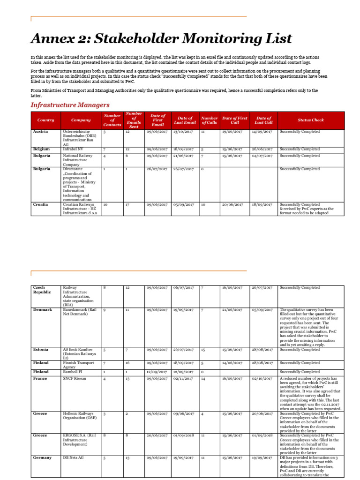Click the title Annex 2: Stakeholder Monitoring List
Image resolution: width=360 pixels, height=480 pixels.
(161, 38)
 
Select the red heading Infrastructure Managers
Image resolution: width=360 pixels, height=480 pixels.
(70, 105)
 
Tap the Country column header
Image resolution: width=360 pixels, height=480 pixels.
(45, 120)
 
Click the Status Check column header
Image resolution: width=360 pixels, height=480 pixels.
(310, 120)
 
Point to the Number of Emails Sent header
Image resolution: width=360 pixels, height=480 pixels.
(134, 120)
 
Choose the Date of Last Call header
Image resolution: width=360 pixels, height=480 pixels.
(264, 120)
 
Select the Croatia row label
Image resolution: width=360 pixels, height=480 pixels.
(40, 205)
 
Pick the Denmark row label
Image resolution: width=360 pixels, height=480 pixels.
(42, 310)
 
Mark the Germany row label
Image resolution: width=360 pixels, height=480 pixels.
(42, 457)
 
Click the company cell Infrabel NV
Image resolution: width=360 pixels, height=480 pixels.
(73, 149)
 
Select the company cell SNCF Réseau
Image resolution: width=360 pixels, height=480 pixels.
(75, 378)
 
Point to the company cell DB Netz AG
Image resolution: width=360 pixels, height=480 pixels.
(74, 457)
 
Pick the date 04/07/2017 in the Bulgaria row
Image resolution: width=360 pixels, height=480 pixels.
(262, 156)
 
